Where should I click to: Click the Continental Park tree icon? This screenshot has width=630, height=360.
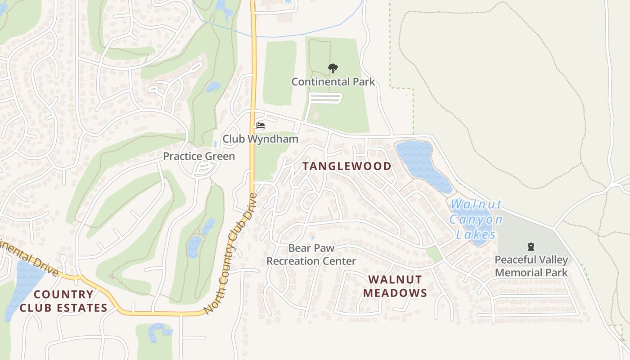(x=333, y=68)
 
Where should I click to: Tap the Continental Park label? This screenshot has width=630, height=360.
(x=333, y=82)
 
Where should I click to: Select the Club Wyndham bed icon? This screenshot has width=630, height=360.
(x=260, y=125)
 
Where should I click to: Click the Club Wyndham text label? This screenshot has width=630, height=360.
(x=260, y=139)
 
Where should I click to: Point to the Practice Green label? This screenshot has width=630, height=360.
(x=199, y=156)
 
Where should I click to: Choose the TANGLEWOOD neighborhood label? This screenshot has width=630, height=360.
(x=346, y=166)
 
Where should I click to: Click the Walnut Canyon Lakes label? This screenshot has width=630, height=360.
(x=476, y=220)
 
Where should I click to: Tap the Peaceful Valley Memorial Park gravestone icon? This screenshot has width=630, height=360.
(x=531, y=246)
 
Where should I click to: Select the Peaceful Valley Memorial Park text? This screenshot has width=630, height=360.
(x=531, y=266)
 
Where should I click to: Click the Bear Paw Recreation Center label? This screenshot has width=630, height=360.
(x=311, y=255)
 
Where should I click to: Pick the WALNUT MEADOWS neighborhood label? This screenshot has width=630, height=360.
(x=395, y=286)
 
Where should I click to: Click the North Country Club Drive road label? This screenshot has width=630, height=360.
(x=230, y=254)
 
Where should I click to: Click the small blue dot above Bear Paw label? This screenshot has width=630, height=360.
(x=313, y=238)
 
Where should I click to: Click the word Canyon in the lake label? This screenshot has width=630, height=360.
(x=476, y=220)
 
